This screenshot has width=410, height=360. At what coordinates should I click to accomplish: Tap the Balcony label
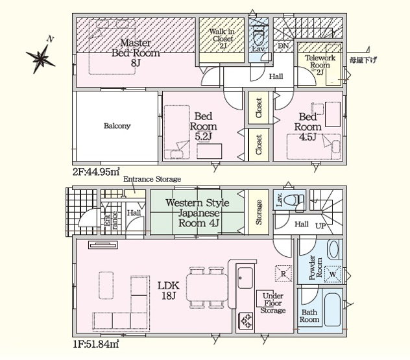[117, 126]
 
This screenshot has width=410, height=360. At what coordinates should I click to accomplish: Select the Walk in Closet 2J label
[223, 39]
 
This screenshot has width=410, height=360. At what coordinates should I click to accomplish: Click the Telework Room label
[320, 61]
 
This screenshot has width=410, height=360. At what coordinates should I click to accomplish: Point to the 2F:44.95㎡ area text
[96, 172]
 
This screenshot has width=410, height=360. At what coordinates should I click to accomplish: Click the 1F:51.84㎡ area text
[96, 344]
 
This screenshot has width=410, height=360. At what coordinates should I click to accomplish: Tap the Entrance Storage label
[152, 179]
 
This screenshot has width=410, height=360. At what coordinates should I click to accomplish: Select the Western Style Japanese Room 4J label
[198, 213]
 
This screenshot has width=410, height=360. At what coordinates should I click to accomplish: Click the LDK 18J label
[168, 291]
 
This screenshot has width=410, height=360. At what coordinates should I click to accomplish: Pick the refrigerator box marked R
[283, 274]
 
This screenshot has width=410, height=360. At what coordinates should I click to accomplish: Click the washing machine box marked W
[333, 274]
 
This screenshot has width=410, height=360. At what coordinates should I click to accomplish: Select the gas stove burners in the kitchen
[246, 320]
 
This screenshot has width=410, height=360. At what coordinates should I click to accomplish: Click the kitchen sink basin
[245, 278]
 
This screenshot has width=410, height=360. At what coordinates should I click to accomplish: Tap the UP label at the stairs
[320, 225]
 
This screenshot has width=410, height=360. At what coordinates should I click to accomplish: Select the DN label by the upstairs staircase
[283, 46]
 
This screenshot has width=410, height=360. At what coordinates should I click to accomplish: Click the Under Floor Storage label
[272, 304]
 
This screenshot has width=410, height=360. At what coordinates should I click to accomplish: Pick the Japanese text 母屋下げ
[363, 60]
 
